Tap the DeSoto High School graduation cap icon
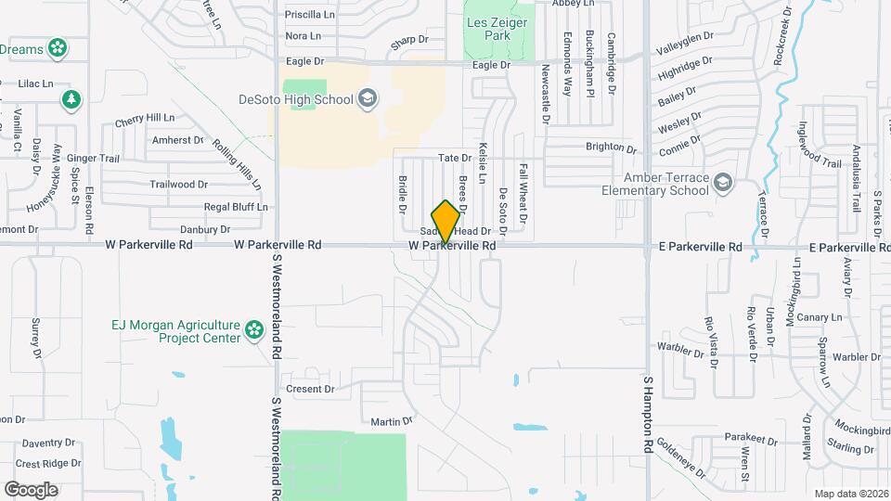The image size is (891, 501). tap(368, 99)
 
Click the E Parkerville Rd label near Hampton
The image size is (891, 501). tap(700, 248)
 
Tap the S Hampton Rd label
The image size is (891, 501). tap(648, 414)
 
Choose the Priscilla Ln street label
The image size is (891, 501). tap(309, 15)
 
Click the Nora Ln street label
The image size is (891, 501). tap(303, 36)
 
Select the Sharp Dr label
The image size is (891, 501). tap(409, 40)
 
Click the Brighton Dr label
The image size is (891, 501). tap(611, 148)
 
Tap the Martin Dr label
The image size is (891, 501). tap(391, 422)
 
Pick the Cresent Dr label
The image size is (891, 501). tap(310, 389)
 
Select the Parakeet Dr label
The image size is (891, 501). tap(749, 438)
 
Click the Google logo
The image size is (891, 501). tap(31, 489)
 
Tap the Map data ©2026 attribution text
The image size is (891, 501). tap(851, 494)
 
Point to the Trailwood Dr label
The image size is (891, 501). tap(178, 185)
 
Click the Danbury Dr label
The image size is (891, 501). tap(204, 229)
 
